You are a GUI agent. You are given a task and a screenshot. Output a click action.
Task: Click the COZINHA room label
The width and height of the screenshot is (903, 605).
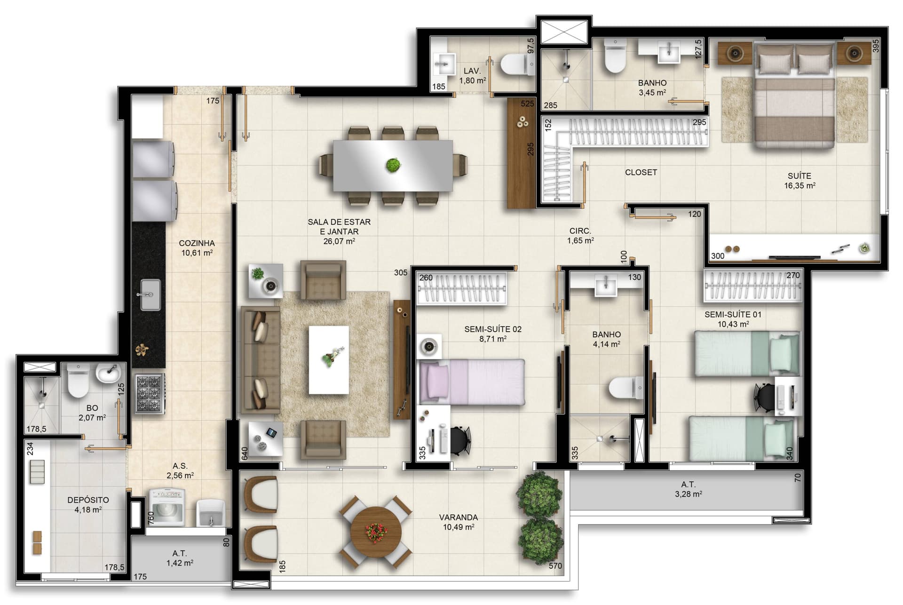(197, 243)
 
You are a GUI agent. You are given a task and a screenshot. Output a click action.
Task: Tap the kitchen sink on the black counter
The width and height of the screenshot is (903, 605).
(150, 295)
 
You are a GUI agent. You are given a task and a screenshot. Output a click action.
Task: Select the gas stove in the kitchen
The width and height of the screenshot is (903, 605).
(150, 393)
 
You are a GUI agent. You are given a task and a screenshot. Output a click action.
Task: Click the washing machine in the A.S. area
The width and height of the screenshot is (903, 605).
(167, 506)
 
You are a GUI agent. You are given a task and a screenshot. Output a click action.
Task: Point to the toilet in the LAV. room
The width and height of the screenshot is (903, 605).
(518, 64)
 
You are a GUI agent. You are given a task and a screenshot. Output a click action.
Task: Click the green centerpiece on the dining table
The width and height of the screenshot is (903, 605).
(393, 165)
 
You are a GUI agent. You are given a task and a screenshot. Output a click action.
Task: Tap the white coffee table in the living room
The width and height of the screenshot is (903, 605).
(329, 360)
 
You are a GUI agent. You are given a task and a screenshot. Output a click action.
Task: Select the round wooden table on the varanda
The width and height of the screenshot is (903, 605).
(376, 532)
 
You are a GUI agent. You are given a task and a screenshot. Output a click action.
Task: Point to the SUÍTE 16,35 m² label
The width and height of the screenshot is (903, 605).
(800, 181)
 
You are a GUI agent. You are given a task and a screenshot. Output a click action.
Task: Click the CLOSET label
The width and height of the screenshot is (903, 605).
(641, 173)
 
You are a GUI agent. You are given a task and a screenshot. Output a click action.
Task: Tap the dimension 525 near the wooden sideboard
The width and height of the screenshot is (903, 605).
(527, 103)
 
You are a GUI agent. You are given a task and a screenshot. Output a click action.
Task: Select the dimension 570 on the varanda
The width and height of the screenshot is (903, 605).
(555, 566)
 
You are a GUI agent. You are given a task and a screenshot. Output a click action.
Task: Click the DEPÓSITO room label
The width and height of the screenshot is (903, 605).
(88, 500)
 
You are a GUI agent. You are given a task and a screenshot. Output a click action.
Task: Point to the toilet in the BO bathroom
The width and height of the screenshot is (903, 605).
(78, 381)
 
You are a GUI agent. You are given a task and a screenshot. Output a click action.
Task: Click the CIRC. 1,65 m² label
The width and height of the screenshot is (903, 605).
(580, 236)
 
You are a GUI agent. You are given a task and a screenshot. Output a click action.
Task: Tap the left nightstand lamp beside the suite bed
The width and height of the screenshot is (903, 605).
(735, 53)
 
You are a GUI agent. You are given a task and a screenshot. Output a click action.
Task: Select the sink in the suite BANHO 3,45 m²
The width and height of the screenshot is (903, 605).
(669, 52)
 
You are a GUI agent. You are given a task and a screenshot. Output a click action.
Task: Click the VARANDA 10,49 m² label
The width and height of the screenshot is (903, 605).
(459, 522)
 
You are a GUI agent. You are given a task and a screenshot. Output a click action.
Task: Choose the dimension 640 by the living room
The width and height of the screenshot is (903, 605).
(245, 454)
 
